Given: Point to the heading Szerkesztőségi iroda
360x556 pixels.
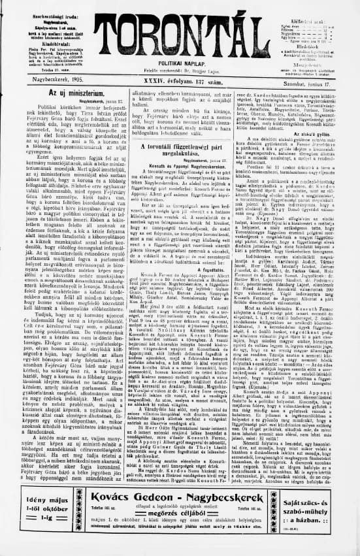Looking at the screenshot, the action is (48, 7).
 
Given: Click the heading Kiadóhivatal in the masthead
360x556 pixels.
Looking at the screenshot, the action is (48, 33).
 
